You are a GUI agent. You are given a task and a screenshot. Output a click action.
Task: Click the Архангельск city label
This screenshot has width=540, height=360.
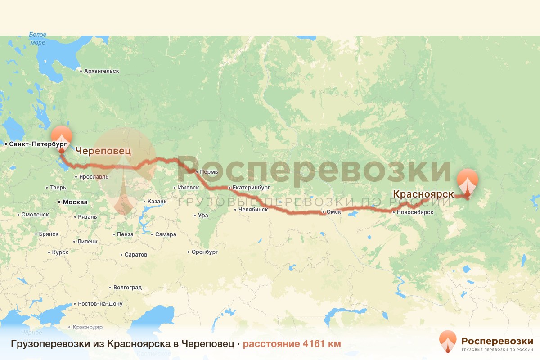(x=102, y=71)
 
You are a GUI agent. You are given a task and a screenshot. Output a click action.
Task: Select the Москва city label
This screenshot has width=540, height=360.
(x=75, y=202)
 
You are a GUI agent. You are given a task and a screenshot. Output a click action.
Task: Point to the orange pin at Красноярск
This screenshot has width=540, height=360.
(x=468, y=180)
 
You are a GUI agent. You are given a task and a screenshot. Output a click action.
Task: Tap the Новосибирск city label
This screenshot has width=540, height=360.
(x=415, y=212)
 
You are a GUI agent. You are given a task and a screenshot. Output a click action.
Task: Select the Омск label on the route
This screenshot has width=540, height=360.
(x=334, y=212)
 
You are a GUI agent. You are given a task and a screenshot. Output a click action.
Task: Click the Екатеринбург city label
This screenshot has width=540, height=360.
(x=251, y=187)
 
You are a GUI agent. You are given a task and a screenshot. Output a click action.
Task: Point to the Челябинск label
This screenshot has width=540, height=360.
(x=253, y=209)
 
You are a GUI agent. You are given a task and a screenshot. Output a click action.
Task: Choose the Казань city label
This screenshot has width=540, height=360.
(x=157, y=202)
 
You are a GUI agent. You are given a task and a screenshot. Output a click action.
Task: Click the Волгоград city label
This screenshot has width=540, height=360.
(x=127, y=287)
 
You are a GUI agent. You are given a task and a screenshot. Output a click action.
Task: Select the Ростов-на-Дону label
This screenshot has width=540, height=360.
(x=100, y=303)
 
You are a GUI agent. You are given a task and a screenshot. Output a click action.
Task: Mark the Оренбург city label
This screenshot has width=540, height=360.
(x=204, y=252)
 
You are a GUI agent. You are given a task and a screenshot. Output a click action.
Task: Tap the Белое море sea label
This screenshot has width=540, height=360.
(x=38, y=38)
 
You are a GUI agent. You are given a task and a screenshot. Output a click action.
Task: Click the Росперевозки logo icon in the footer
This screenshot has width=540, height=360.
(x=448, y=342)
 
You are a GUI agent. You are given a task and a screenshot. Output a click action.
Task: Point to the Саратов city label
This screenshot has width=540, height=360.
(x=136, y=254)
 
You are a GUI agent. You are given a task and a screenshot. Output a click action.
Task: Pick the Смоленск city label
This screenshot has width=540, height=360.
(x=35, y=215)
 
